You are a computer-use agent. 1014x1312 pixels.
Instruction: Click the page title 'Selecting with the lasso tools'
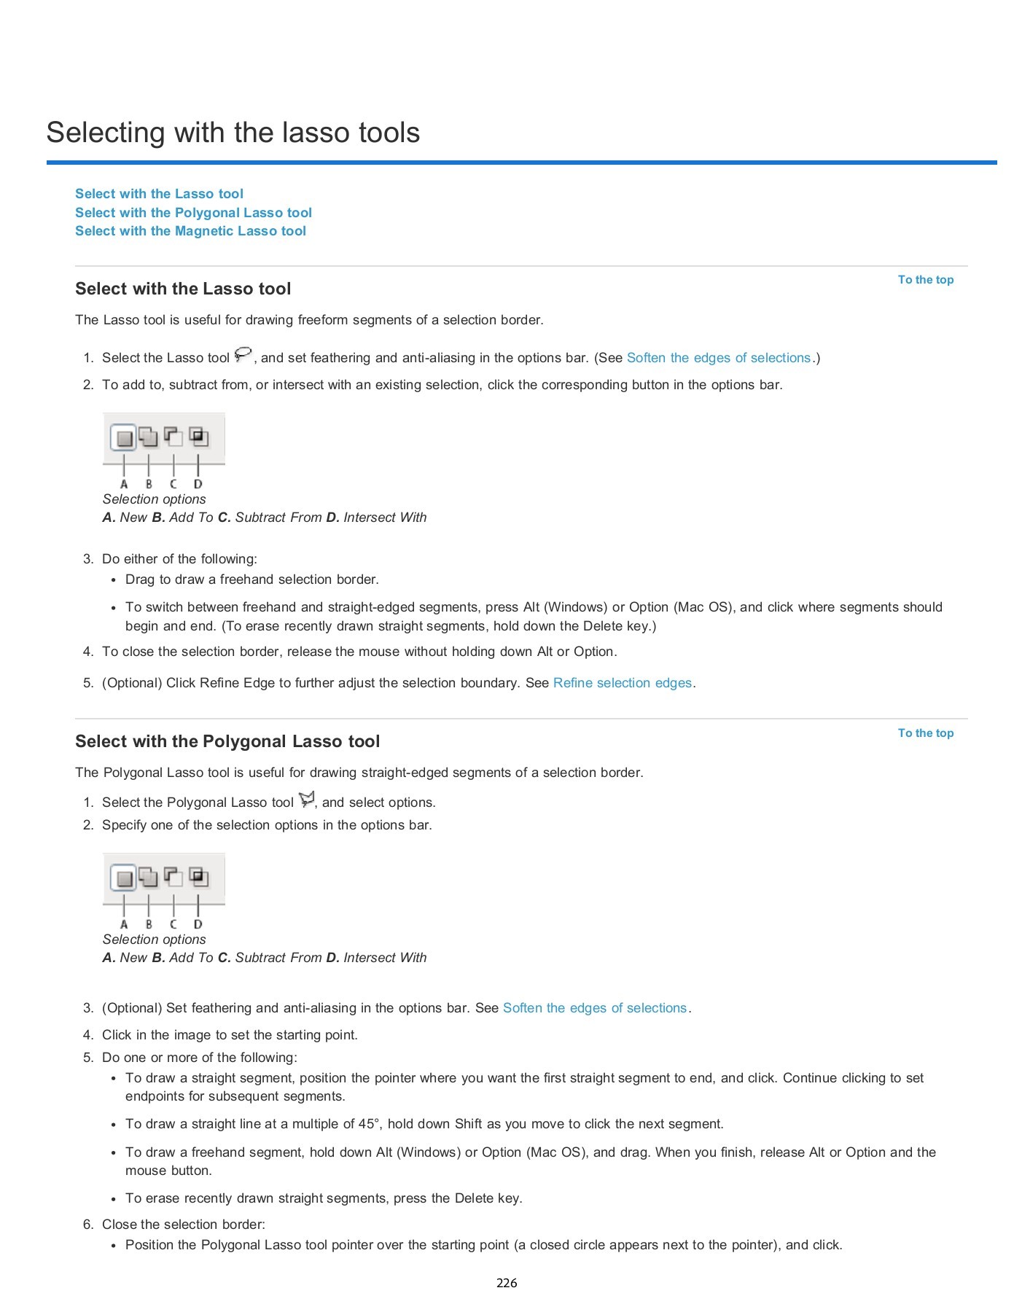click(233, 133)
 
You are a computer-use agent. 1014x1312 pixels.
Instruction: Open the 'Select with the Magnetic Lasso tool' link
click(190, 231)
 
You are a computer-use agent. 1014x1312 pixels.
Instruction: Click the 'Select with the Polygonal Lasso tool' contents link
click(193, 213)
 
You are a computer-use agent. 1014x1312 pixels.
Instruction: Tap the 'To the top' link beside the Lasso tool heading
click(925, 280)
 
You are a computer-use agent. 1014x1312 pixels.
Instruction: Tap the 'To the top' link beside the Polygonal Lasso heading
click(925, 733)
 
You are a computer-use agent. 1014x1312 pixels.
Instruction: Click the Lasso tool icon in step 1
click(243, 355)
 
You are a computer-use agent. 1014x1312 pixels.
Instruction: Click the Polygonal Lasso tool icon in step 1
click(307, 800)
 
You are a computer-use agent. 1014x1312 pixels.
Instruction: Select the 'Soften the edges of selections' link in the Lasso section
click(718, 358)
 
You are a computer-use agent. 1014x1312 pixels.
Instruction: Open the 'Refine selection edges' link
click(622, 683)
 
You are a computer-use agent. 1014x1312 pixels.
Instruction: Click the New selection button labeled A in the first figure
click(124, 438)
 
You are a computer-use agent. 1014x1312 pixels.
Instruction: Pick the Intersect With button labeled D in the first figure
click(198, 437)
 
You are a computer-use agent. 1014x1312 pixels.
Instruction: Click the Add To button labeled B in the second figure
click(148, 877)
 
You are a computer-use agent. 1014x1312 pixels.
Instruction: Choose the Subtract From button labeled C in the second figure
click(173, 877)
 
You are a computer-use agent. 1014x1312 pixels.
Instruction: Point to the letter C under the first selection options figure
click(173, 484)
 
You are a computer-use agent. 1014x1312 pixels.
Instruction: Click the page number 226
click(507, 1283)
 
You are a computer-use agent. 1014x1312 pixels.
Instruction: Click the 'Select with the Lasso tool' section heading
click(183, 289)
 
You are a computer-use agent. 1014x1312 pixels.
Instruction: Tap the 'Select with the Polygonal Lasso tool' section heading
click(227, 741)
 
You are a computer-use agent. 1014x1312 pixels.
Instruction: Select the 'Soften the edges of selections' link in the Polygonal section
click(594, 1008)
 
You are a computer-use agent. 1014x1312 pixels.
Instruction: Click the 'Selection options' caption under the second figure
click(154, 940)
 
